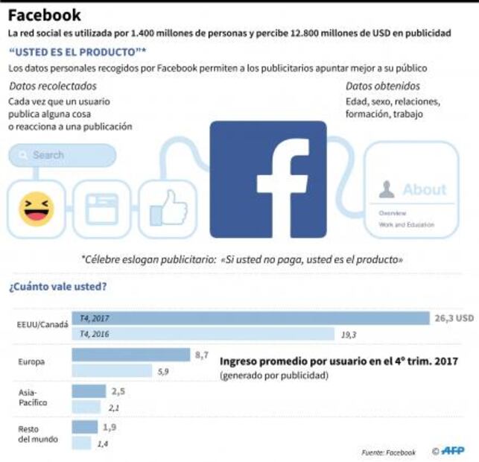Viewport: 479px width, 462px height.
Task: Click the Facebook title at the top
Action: click(x=45, y=15)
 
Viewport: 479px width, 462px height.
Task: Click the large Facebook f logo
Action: click(x=268, y=179)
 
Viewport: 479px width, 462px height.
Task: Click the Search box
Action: click(x=63, y=155)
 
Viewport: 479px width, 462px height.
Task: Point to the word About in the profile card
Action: click(x=424, y=189)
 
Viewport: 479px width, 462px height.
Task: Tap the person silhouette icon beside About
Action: click(x=386, y=189)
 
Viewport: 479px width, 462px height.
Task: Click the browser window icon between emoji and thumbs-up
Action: click(x=101, y=208)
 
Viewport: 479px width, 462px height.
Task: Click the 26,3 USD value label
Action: click(x=454, y=318)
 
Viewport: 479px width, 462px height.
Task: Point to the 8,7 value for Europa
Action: click(x=201, y=355)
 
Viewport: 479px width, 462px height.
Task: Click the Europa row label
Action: click(x=32, y=362)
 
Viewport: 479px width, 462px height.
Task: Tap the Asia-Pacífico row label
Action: click(x=33, y=397)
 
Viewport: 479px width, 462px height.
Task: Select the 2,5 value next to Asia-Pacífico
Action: click(x=118, y=390)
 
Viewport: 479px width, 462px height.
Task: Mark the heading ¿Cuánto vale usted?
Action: click(x=57, y=285)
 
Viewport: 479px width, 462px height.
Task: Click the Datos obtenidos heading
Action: click(x=382, y=86)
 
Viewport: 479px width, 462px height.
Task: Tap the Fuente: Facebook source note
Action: click(x=389, y=452)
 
